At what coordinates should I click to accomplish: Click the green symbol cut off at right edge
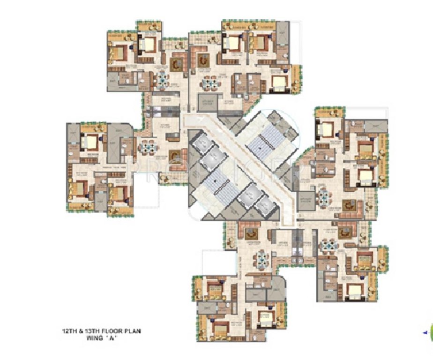pyautogui.click(x=431, y=333)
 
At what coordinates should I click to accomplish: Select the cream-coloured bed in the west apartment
pyautogui.click(x=90, y=141)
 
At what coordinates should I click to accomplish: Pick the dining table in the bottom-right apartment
pyautogui.click(x=329, y=245)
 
